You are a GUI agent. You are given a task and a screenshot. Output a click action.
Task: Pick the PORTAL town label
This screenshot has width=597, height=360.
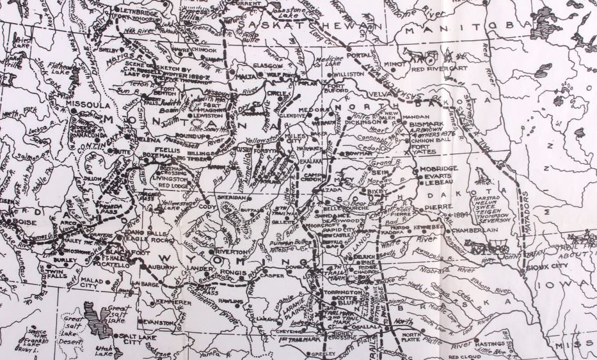[x=360, y=55]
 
